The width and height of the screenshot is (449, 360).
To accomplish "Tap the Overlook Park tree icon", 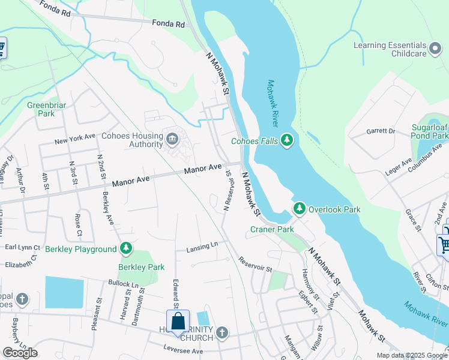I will tap(299, 209).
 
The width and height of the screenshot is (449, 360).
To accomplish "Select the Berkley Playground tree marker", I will tap(125, 248).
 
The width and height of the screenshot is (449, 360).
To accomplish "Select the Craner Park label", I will tap(272, 229).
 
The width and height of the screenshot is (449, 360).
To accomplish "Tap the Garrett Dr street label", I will tap(381, 131).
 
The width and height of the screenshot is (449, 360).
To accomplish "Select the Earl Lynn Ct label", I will tap(22, 247).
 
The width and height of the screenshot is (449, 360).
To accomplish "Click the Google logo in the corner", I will tap(20, 353).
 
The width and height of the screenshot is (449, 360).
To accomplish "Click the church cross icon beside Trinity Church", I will tap(222, 332).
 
